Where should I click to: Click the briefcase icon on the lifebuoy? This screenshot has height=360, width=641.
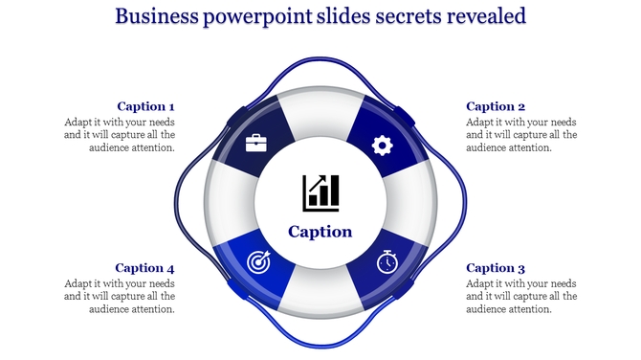[x=256, y=145]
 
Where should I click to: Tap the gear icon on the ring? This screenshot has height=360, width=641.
[x=383, y=146]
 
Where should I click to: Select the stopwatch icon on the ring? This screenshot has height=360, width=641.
[x=387, y=262]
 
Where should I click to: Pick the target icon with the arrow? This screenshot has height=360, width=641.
[x=258, y=261]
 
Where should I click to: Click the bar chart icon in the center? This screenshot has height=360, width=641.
[x=320, y=192]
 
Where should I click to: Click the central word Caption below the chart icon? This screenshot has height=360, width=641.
[x=320, y=232]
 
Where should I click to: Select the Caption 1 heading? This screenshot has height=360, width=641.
[x=145, y=106]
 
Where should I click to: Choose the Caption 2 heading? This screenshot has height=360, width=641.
[x=496, y=106]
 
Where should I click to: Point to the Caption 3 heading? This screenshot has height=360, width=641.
[x=496, y=268]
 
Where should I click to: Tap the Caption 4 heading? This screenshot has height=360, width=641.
[x=145, y=268]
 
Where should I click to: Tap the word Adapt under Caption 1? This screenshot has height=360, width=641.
[x=79, y=123]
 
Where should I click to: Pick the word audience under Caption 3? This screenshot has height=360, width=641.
[x=489, y=309]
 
